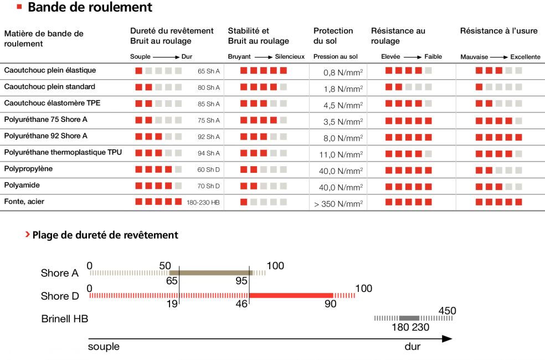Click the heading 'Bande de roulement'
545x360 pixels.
90,7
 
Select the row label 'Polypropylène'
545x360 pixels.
28,169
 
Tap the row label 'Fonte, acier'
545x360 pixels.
24,202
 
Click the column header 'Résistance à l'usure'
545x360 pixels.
498,31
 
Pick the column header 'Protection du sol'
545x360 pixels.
333,36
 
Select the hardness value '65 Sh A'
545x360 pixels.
209,71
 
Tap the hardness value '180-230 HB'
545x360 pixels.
203,203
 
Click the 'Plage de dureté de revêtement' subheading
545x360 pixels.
105,235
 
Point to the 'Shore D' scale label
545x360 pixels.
60,296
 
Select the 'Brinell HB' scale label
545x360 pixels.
65,319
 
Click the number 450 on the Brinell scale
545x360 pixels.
447,311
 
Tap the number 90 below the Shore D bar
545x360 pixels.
330,305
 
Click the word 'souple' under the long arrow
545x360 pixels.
104,347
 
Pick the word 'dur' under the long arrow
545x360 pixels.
412,347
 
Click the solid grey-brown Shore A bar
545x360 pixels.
210,272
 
